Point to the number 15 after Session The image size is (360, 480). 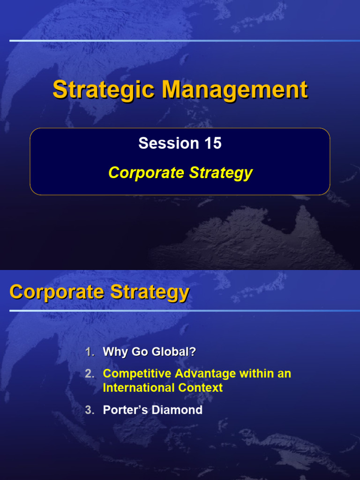(212, 143)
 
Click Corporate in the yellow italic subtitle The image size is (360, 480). (146, 173)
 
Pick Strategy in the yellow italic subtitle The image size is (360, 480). (221, 173)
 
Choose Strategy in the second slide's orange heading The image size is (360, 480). (149, 292)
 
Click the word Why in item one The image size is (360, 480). (115, 352)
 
